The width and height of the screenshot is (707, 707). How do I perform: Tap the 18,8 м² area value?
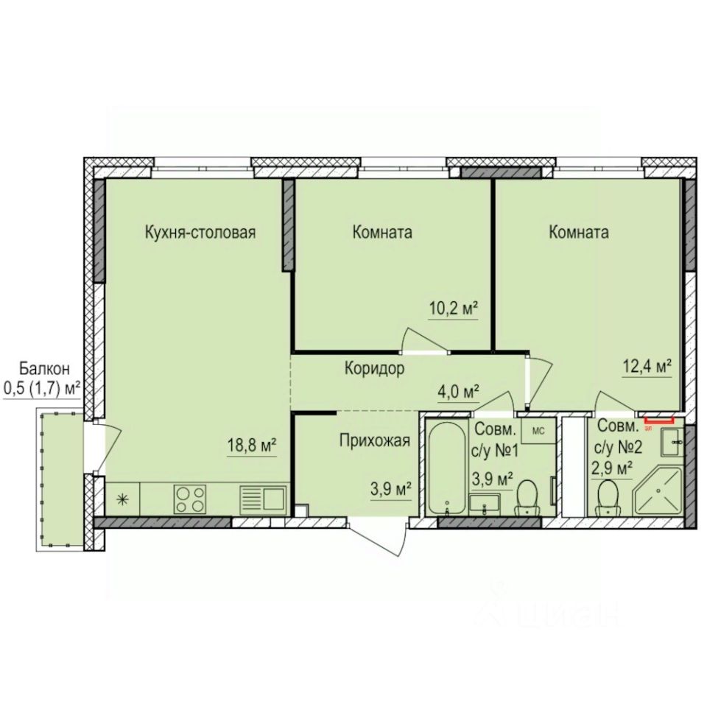coord(252,446)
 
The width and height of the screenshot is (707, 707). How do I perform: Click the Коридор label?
coord(373,369)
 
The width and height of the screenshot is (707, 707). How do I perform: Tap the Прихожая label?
coord(373,441)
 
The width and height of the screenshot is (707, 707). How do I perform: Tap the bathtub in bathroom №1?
coord(445,468)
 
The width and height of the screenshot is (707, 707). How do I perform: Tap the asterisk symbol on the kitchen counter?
coord(122,499)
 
